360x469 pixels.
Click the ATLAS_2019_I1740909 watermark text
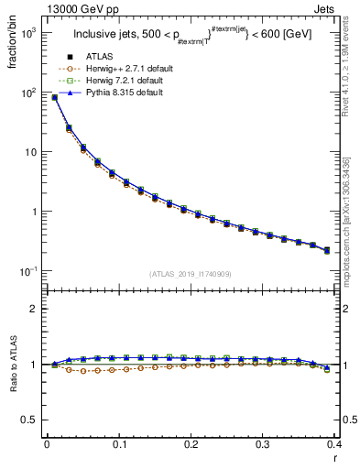click(190, 274)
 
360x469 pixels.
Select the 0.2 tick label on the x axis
click(191, 445)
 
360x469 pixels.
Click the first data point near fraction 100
click(54, 97)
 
